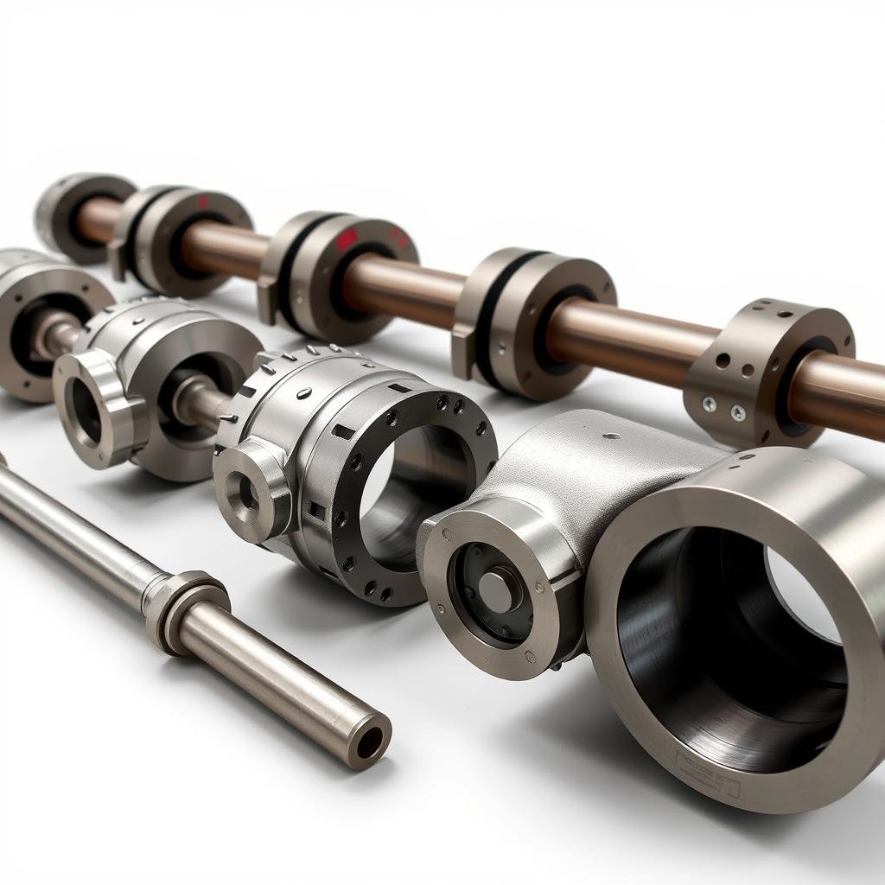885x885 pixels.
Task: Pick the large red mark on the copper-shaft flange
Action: (x=347, y=239)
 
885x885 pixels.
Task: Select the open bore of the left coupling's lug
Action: (x=86, y=407)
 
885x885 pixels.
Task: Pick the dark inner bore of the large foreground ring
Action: (x=717, y=640)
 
